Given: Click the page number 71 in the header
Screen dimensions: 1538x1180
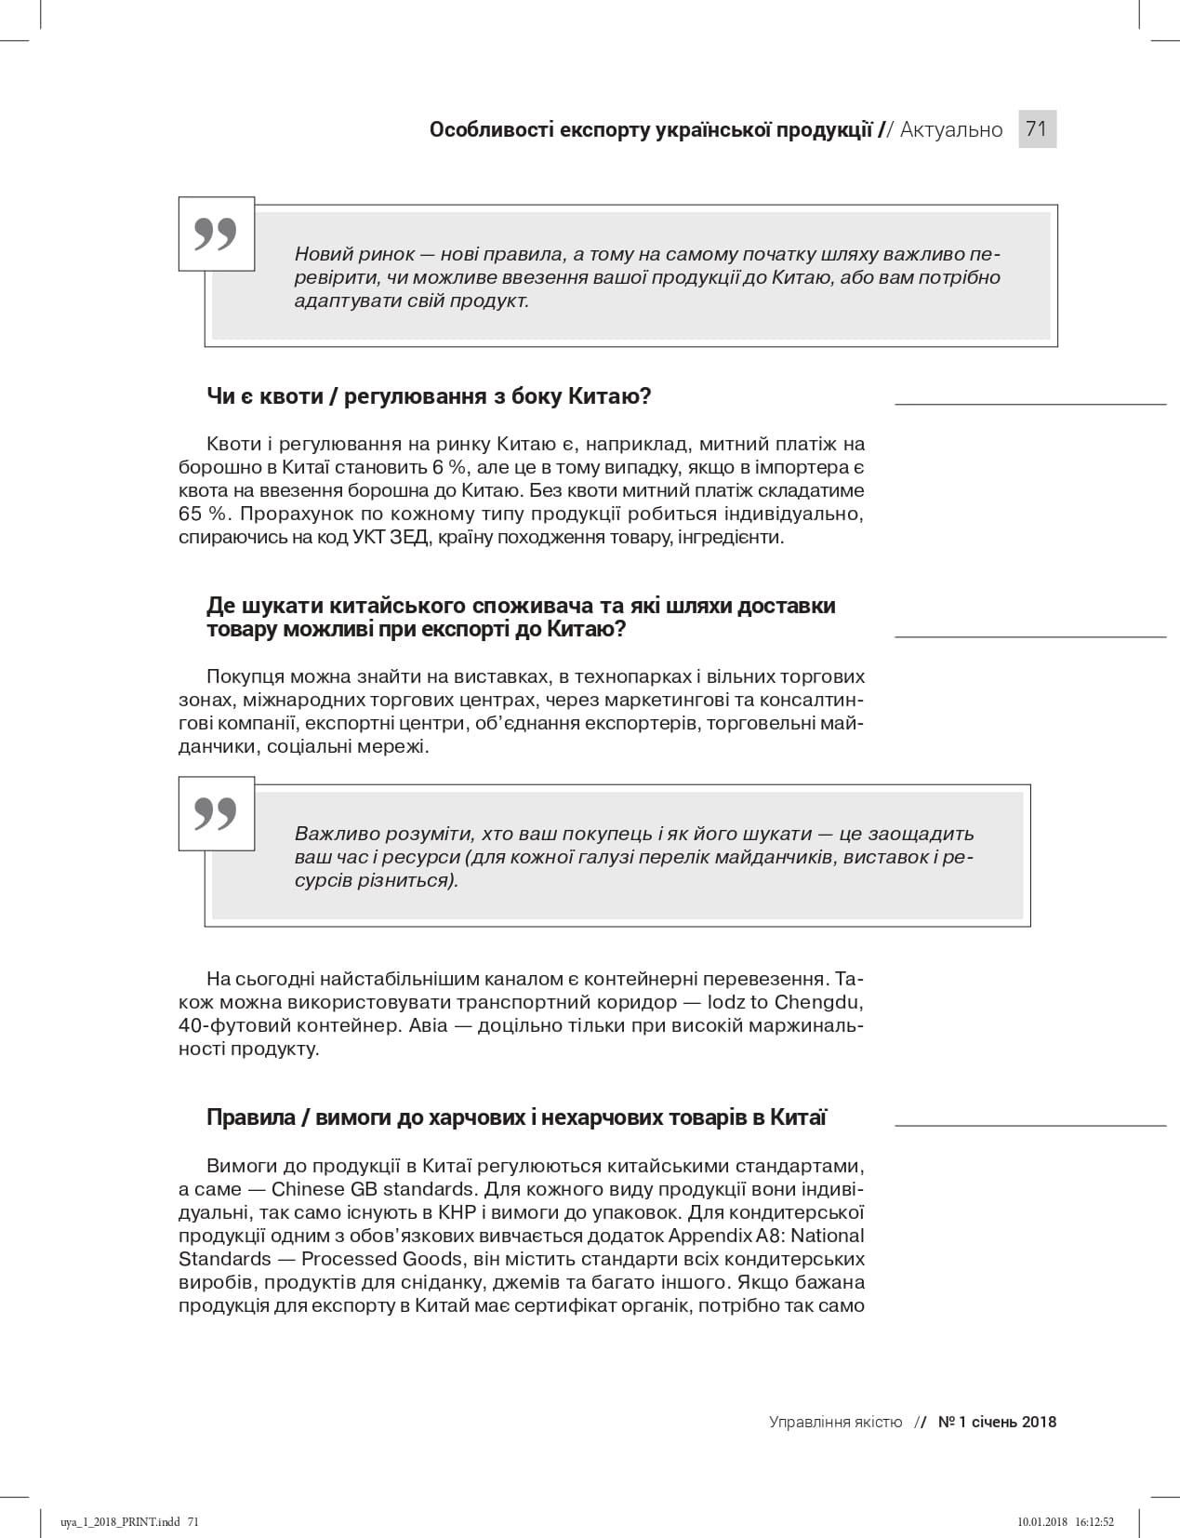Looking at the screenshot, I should coord(1037,128).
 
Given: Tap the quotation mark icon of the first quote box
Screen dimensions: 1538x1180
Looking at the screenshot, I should coord(216,234).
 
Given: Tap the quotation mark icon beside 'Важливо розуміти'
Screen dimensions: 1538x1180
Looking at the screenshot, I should coord(216,814).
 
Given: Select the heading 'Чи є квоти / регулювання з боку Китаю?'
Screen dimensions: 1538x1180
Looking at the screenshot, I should coord(429,396).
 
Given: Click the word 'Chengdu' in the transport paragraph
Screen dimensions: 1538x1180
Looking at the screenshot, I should coord(819,1002).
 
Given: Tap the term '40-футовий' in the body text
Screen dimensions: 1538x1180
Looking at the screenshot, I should coord(224,1025).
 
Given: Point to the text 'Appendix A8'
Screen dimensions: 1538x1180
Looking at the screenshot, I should coord(714,1236).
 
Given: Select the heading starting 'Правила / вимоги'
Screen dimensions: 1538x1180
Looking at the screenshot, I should coord(516,1117).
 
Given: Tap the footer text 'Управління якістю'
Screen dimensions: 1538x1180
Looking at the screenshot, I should coord(835,1422).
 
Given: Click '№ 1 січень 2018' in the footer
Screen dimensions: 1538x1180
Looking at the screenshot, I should coord(997,1422).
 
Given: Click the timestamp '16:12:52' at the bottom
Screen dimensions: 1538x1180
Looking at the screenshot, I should coord(1094,1522).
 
